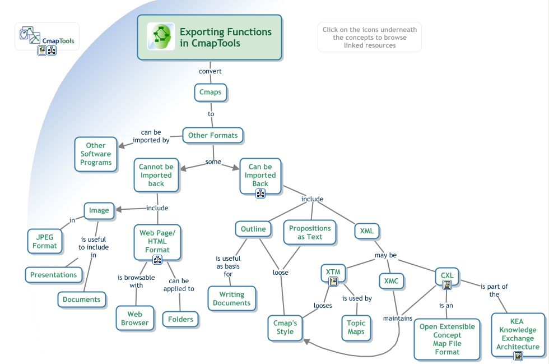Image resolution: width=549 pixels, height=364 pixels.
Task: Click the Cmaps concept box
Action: pyautogui.click(x=211, y=92)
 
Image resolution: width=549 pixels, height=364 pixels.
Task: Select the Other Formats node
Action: pyautogui.click(x=212, y=135)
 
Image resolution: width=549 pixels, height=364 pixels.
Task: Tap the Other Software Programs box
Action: pyautogui.click(x=96, y=154)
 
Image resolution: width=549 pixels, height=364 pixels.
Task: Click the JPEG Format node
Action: pyautogui.click(x=44, y=241)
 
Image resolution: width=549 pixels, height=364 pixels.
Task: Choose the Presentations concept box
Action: pyautogui.click(x=53, y=275)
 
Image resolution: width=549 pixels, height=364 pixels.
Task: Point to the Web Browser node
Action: pyautogui.click(x=135, y=318)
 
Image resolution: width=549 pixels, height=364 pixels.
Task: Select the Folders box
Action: pyautogui.click(x=180, y=319)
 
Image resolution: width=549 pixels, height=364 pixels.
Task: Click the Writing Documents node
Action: pyautogui.click(x=231, y=298)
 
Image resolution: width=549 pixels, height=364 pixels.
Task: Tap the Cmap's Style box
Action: pyautogui.click(x=285, y=327)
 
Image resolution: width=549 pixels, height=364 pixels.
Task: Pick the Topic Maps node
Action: pyautogui.click(x=356, y=327)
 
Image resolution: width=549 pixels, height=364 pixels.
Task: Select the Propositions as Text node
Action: pyautogui.click(x=310, y=232)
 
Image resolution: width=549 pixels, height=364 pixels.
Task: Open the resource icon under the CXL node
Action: pyautogui.click(x=447, y=285)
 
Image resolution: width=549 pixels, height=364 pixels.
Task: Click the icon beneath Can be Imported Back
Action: pyautogui.click(x=260, y=193)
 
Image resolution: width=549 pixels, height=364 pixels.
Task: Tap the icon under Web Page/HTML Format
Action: pyautogui.click(x=157, y=259)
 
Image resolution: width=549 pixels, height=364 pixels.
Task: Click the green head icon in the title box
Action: pyautogui.click(x=161, y=36)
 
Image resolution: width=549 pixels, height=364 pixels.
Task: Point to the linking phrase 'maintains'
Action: pyautogui.click(x=398, y=319)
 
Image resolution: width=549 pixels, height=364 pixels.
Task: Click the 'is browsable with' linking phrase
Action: pyautogui.click(x=130, y=281)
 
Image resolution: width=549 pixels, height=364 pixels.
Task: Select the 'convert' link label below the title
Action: pyautogui.click(x=210, y=71)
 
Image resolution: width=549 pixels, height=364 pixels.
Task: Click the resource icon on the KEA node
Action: pyautogui.click(x=518, y=356)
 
